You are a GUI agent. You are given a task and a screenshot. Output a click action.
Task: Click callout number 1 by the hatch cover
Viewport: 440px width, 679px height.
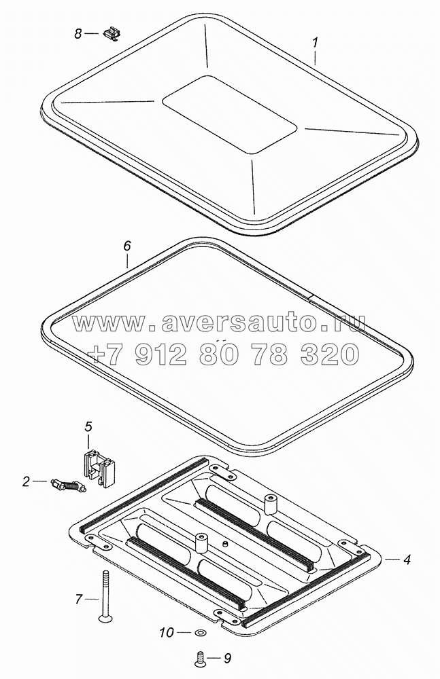tap(316, 42)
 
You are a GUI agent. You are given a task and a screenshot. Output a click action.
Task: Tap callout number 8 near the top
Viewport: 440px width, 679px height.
tap(78, 33)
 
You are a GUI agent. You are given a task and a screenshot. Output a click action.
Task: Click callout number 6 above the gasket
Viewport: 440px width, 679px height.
tap(126, 246)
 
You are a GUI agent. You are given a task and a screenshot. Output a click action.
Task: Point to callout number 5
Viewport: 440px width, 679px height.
tap(88, 426)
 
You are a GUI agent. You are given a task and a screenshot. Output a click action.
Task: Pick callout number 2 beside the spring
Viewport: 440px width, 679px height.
tap(26, 481)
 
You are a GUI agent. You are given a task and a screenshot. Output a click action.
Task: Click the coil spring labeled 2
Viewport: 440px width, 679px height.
tap(69, 485)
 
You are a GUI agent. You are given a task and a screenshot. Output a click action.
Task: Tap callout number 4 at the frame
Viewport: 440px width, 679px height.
tap(406, 559)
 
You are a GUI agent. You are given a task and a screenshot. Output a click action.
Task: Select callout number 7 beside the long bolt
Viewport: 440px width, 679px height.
tap(78, 600)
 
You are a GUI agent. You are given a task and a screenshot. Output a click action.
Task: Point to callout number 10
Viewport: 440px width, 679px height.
tap(166, 633)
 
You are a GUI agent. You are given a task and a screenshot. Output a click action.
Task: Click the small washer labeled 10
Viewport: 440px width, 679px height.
tap(201, 633)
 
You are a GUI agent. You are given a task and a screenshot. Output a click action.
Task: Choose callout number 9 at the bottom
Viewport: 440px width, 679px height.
tap(227, 659)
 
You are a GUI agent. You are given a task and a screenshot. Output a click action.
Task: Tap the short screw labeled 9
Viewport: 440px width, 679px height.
tap(200, 659)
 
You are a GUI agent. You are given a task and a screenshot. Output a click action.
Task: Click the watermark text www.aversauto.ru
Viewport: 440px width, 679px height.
tap(218, 323)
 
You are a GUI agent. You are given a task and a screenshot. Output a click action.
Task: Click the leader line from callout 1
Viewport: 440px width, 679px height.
tap(316, 56)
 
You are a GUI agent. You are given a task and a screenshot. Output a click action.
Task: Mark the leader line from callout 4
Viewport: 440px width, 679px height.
tap(392, 559)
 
